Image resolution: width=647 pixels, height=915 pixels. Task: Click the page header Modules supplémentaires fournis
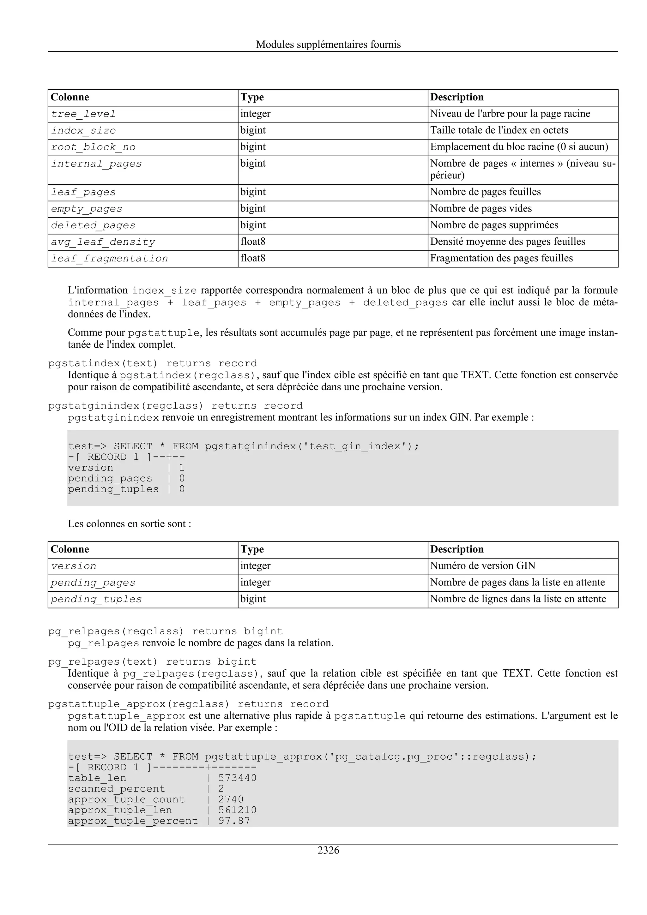[328, 44]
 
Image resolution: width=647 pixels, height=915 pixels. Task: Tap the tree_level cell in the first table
[83, 114]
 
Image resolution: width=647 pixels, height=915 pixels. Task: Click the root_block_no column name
[93, 147]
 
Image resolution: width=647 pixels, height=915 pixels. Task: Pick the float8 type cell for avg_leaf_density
[253, 242]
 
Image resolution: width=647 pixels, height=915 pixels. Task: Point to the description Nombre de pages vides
[481, 208]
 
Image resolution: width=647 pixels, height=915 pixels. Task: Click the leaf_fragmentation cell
[109, 259]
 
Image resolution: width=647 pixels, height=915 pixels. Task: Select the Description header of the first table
[457, 97]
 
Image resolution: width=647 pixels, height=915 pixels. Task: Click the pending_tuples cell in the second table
[96, 599]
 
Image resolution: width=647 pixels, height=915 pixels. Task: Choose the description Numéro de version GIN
[482, 566]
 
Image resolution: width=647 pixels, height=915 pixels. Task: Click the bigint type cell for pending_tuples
[253, 599]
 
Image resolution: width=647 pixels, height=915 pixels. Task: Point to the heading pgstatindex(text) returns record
[152, 363]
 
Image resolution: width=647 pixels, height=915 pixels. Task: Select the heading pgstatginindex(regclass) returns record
[175, 406]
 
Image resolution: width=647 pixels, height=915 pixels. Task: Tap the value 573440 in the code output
[237, 778]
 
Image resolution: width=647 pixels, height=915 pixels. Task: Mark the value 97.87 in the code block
[234, 821]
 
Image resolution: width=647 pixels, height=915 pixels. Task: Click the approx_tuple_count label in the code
[126, 799]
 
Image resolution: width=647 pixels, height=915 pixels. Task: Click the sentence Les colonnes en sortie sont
[129, 524]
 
